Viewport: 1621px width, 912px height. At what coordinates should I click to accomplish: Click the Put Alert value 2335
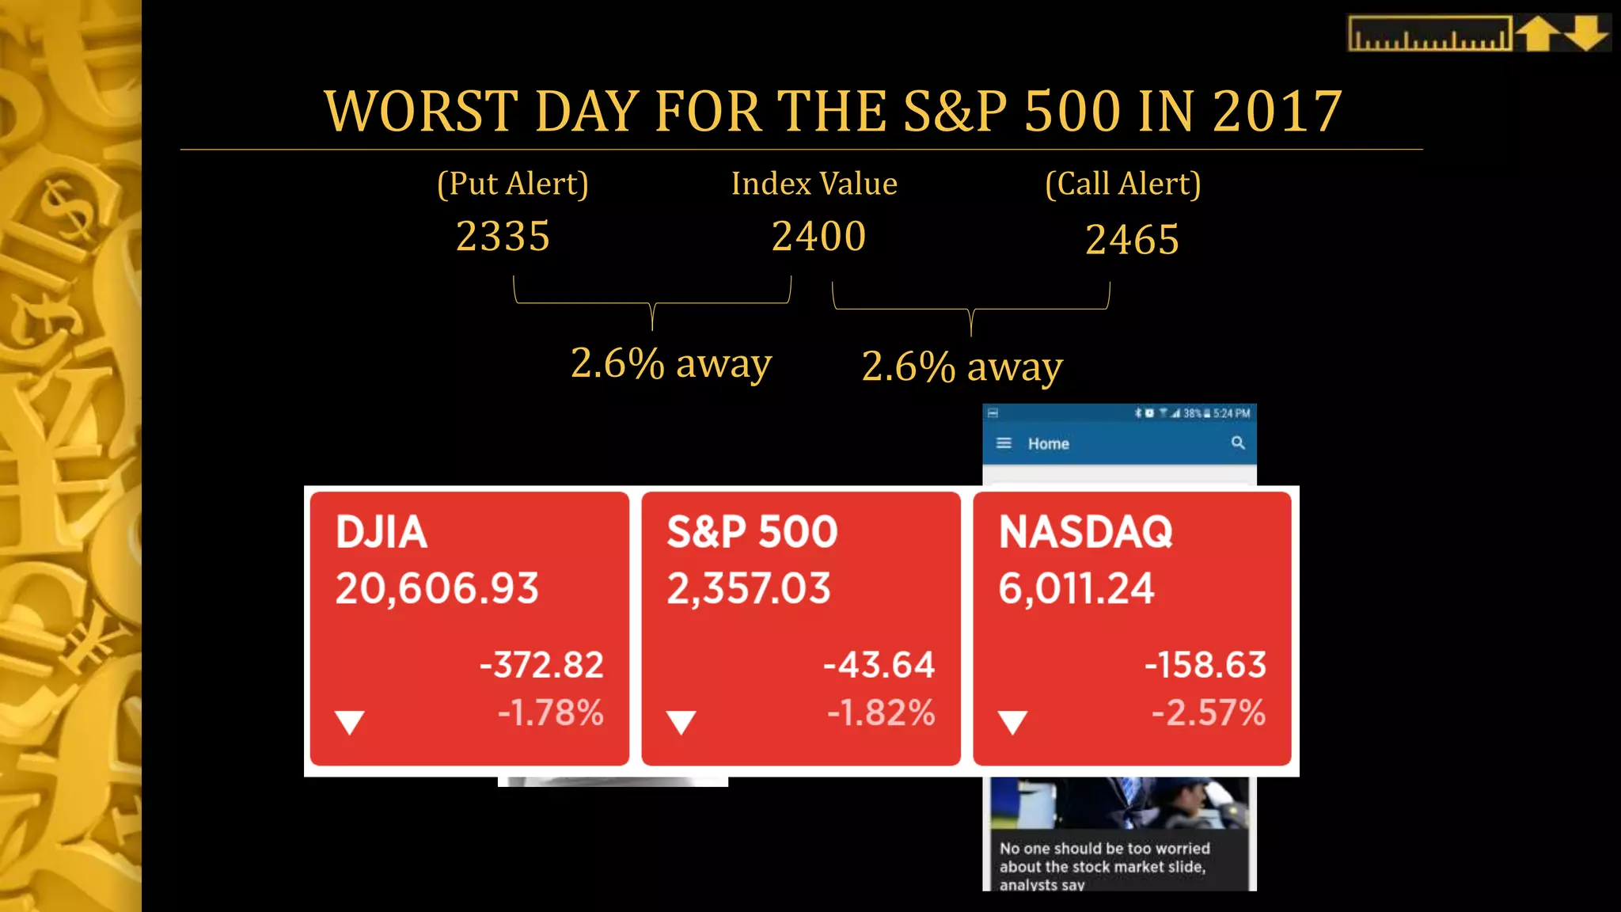(503, 237)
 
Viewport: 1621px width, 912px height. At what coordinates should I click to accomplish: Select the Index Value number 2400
(818, 237)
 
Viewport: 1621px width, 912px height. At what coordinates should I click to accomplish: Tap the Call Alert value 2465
(1132, 240)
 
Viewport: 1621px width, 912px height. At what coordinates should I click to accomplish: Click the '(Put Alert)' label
(513, 184)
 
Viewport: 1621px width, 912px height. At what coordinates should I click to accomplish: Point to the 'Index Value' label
(814, 184)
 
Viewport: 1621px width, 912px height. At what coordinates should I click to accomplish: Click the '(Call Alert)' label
(1122, 184)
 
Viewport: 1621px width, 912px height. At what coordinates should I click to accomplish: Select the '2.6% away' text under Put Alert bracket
(670, 364)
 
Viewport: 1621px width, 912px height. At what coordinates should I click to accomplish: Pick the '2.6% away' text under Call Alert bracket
(962, 367)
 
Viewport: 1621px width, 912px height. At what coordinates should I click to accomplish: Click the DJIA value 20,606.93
(437, 589)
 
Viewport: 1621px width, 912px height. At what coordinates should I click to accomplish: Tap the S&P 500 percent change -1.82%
(881, 712)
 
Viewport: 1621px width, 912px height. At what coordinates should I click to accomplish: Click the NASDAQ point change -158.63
(1205, 665)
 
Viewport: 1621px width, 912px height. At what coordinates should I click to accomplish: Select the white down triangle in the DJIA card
(349, 722)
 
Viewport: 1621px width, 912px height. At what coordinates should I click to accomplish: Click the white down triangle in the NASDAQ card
(1012, 722)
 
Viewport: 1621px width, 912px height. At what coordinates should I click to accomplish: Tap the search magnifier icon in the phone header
(1238, 443)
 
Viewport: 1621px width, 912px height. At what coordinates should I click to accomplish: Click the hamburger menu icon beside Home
(1004, 443)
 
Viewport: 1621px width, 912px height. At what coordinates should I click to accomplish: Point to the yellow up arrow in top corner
(1538, 34)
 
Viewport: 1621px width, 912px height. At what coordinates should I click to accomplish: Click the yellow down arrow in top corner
(1586, 34)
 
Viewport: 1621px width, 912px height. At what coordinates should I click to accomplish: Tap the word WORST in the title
(421, 112)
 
